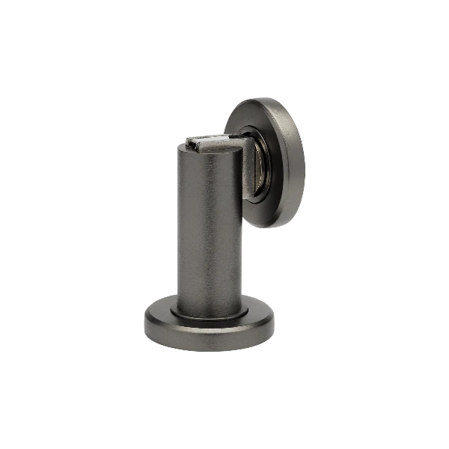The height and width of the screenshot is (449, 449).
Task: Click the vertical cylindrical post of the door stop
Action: [209, 224]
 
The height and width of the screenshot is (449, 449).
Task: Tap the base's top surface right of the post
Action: [258, 314]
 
